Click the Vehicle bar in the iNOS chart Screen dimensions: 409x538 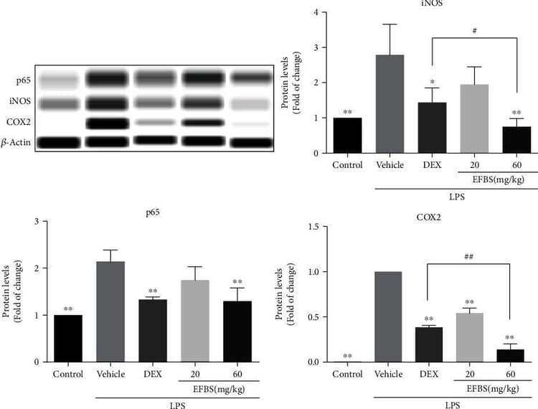click(x=390, y=104)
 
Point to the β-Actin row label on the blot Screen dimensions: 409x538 click(x=17, y=143)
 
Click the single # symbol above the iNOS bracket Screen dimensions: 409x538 click(x=475, y=31)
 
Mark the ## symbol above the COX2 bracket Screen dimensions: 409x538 click(x=468, y=256)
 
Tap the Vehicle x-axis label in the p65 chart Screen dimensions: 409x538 click(x=111, y=375)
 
